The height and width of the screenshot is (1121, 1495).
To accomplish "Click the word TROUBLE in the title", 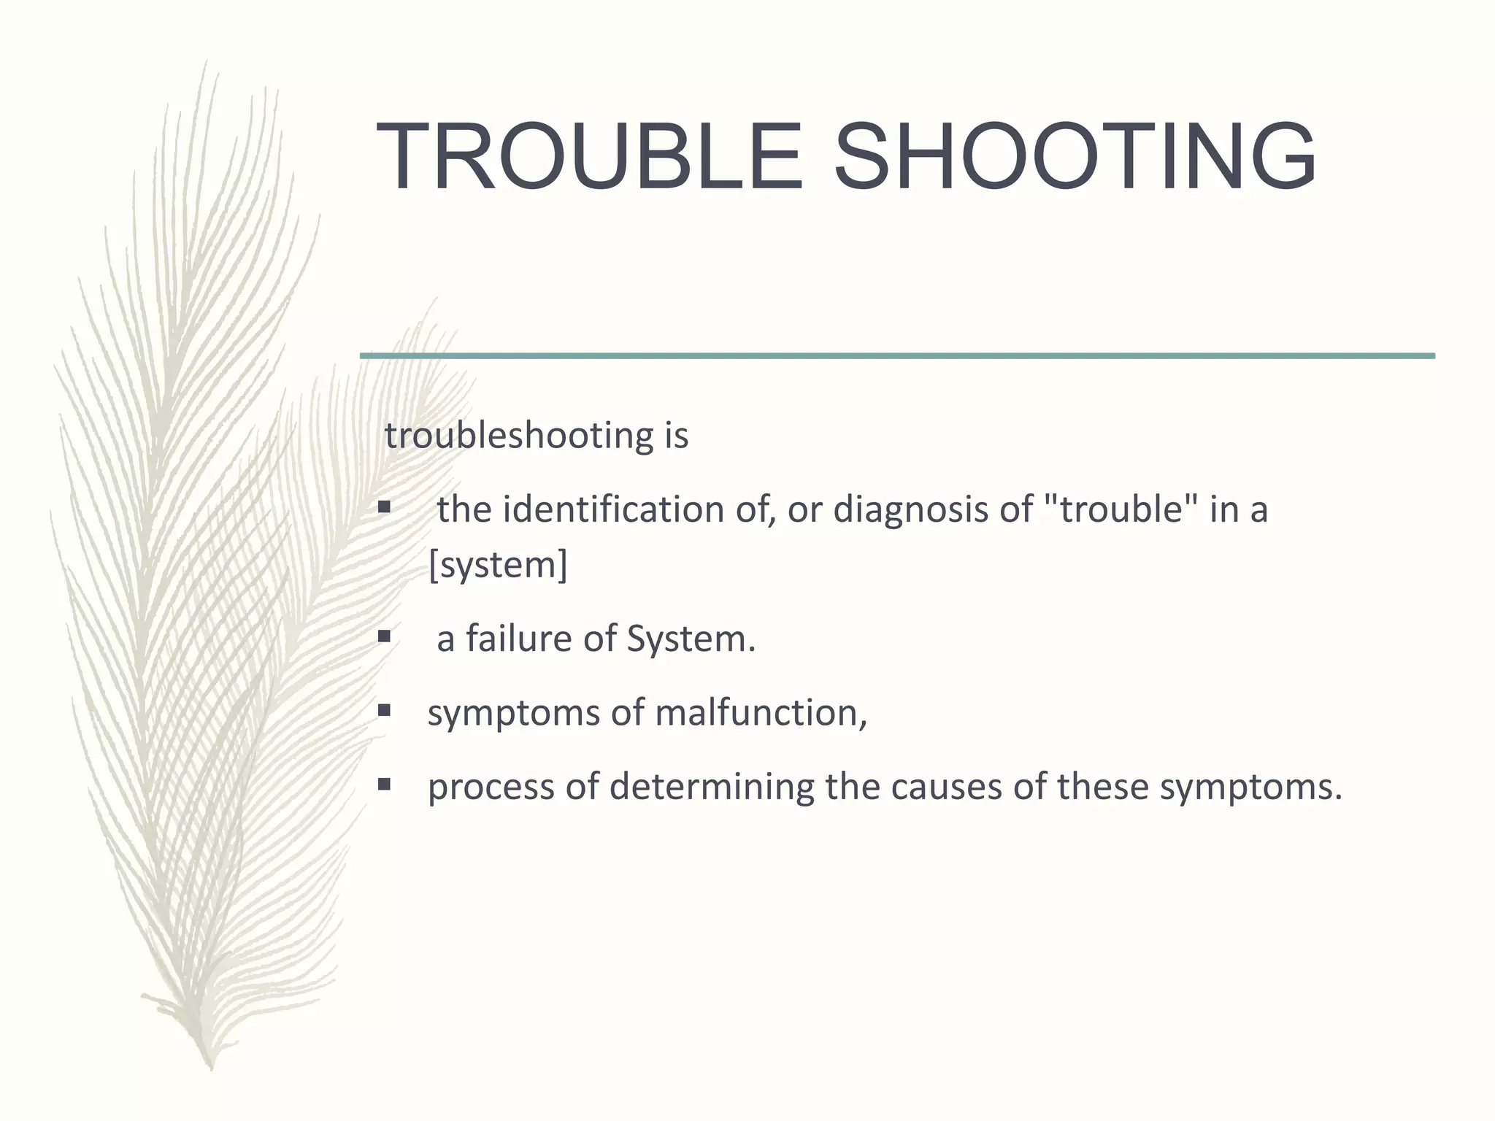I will point(588,158).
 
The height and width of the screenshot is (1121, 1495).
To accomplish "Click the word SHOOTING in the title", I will point(1075,158).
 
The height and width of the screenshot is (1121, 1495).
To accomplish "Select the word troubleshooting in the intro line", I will point(519,436).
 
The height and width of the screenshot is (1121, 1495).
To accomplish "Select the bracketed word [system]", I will point(498,565).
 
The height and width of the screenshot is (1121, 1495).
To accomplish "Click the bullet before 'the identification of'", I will point(385,506).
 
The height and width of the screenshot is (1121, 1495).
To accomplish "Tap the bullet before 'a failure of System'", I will point(385,636).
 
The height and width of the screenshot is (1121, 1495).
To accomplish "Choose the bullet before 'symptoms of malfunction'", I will point(385,710).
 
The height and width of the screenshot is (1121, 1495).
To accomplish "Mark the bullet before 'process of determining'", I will point(385,784).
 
